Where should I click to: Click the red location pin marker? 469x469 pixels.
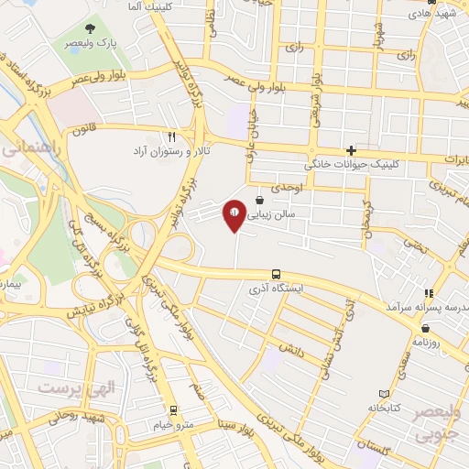[234, 214]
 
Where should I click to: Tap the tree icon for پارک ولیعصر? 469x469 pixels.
[89, 29]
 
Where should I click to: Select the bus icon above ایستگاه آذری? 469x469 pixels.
[276, 274]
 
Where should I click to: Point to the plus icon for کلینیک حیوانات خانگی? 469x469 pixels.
[351, 151]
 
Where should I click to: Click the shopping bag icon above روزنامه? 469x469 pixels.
[438, 326]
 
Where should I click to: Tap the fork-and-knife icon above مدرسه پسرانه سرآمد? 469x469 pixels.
[427, 293]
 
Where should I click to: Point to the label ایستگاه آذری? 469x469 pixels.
[275, 288]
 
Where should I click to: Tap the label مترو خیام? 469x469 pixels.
[173, 424]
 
